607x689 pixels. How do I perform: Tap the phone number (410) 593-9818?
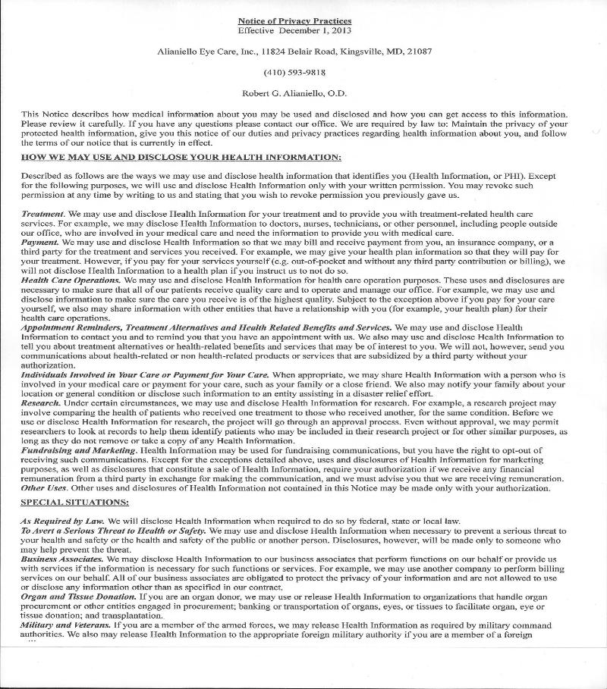[x=294, y=73]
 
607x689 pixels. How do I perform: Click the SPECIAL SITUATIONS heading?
[x=74, y=503]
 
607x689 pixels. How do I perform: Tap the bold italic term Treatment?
[x=42, y=215]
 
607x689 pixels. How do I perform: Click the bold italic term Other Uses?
[x=43, y=488]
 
